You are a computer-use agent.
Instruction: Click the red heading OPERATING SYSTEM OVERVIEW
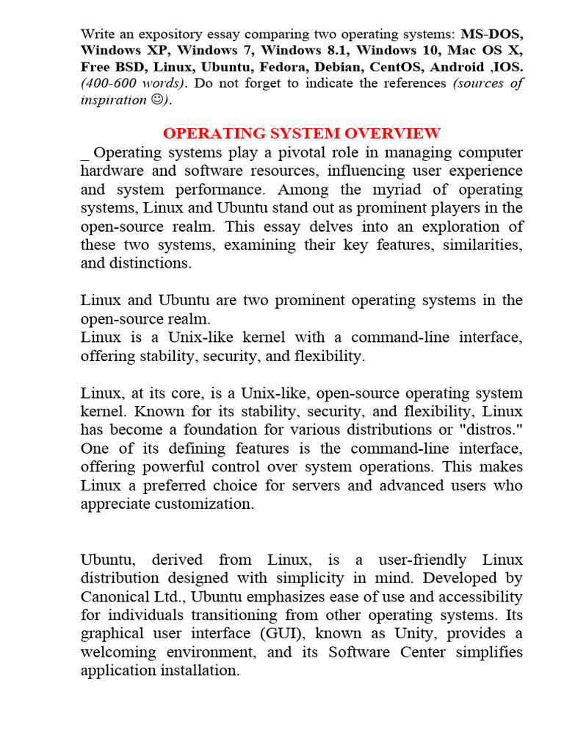click(x=302, y=133)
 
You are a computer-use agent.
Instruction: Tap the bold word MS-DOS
click(x=492, y=34)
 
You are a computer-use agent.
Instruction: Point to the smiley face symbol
click(x=156, y=99)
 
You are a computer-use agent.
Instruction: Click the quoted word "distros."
click(x=492, y=429)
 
